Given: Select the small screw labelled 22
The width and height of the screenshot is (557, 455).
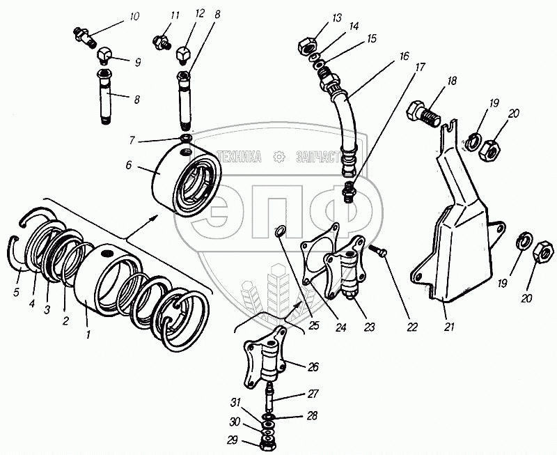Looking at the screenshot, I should [379, 249].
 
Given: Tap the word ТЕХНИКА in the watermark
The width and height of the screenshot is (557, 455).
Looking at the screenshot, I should [239, 157].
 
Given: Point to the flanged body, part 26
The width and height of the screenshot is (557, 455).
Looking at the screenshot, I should [266, 362].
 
